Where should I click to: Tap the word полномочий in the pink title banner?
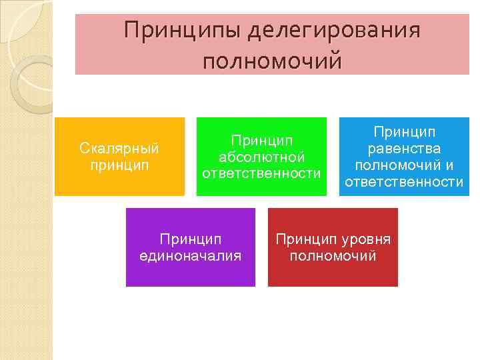[272, 61]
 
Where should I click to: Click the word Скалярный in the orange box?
[119, 147]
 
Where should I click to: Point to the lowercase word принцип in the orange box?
[119, 163]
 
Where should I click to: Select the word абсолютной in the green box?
[261, 157]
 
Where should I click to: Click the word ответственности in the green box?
[261, 173]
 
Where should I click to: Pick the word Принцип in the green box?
[261, 141]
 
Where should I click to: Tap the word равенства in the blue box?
[404, 148]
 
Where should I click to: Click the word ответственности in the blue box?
[404, 181]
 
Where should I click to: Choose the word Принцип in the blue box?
[404, 131]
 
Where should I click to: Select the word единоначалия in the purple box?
[190, 255]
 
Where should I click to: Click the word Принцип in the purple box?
[190, 239]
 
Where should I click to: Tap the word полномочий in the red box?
[333, 255]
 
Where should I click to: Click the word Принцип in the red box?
[302, 239]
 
